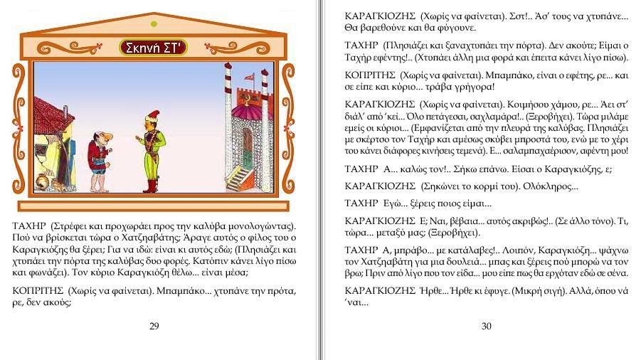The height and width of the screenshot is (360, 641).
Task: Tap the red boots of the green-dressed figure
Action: (150, 186)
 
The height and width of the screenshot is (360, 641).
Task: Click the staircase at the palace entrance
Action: (243, 178)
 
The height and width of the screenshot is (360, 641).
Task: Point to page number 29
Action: (154, 326)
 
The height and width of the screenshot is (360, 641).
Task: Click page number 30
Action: (487, 326)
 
